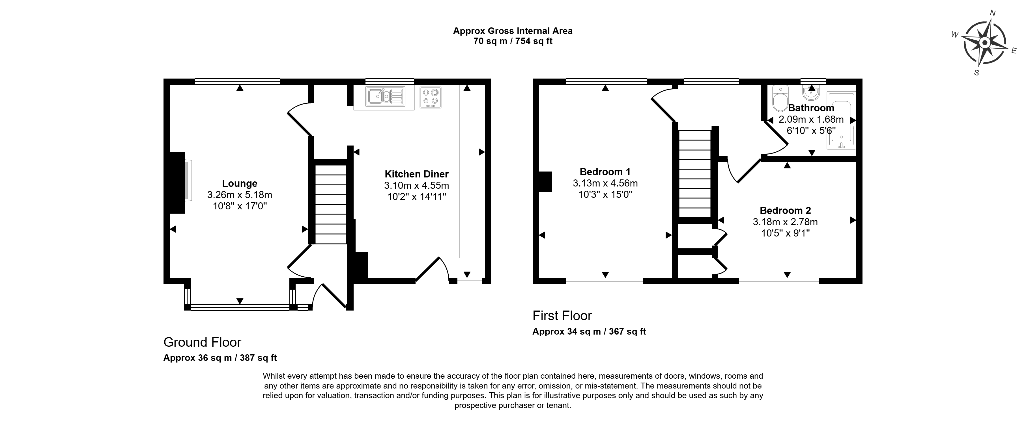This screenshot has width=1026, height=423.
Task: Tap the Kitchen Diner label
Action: pyautogui.click(x=417, y=174)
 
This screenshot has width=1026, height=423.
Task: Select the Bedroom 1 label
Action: pyautogui.click(x=605, y=172)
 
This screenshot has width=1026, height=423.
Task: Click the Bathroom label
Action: pyautogui.click(x=811, y=108)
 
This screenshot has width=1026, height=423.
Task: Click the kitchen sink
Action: pyautogui.click(x=386, y=96)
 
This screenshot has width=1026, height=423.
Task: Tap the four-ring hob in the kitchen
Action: pyautogui.click(x=431, y=97)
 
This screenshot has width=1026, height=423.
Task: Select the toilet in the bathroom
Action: pyautogui.click(x=780, y=98)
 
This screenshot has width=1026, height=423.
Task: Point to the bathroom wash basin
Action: pyautogui.click(x=811, y=92)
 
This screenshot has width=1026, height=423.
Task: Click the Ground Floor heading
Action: pyautogui.click(x=202, y=342)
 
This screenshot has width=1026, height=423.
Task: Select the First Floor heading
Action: pyautogui.click(x=562, y=316)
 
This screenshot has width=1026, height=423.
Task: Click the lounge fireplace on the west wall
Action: pyautogui.click(x=178, y=183)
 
